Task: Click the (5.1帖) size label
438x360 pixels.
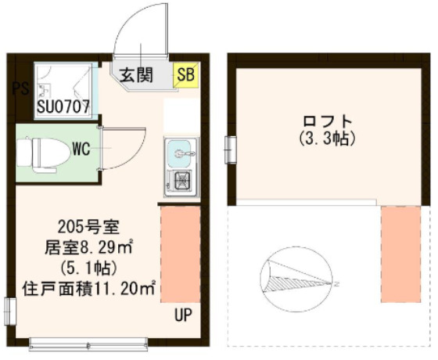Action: pos(92,268)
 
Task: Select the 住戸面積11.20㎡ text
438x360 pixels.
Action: pos(92,289)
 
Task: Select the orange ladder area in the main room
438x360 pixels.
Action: pos(180,254)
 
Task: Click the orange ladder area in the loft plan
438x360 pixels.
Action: pos(400,254)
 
